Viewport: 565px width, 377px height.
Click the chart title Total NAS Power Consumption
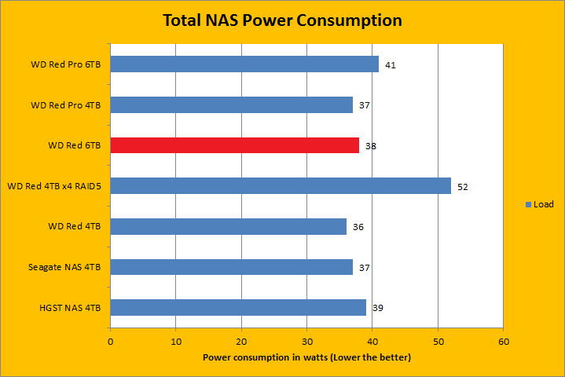point(282,20)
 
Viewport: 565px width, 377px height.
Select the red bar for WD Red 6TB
point(234,145)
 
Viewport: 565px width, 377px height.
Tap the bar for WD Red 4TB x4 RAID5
point(281,186)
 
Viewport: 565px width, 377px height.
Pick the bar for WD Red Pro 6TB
point(244,64)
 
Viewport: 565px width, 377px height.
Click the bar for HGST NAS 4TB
point(238,308)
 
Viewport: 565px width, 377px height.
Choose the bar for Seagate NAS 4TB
point(231,267)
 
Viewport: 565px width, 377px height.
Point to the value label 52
point(463,187)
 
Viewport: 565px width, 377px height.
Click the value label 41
point(390,65)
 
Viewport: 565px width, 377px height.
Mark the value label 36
point(358,227)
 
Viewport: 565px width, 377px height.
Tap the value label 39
point(377,308)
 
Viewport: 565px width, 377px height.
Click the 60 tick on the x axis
point(504,342)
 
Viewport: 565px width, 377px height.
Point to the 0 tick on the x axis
point(110,342)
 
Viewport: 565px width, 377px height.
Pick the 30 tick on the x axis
point(307,342)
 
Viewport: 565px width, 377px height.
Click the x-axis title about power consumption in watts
point(306,357)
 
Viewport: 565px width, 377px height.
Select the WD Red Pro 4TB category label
point(70,105)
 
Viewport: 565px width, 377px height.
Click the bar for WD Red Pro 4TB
point(231,104)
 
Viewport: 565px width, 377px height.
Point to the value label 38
point(371,146)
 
